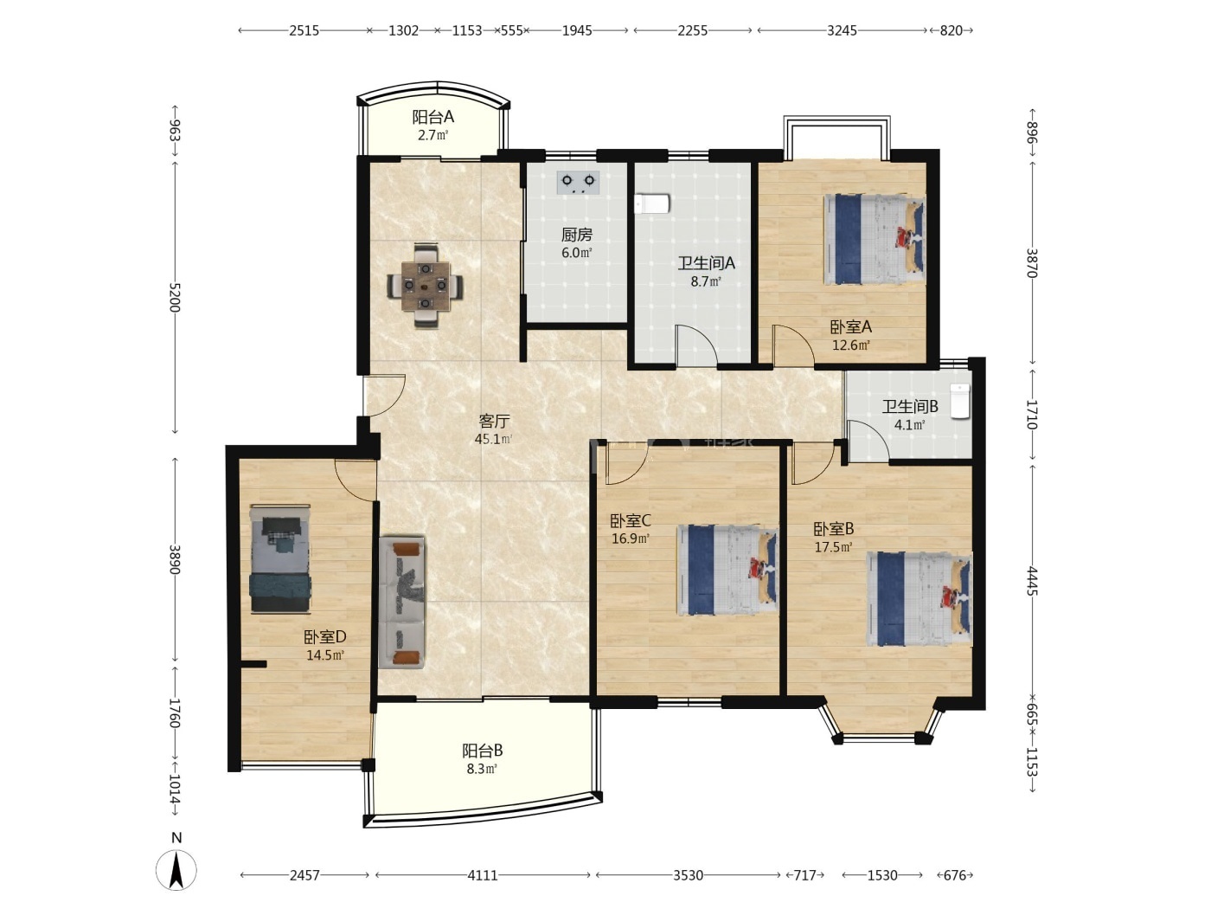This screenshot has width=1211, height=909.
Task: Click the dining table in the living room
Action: point(425,286)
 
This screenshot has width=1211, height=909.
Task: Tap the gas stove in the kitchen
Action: point(578,183)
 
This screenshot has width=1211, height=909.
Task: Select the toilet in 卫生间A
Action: point(651,203)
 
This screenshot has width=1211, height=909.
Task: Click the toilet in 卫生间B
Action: point(960,402)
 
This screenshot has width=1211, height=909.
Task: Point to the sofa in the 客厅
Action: point(402,602)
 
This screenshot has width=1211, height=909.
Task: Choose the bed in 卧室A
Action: point(875,239)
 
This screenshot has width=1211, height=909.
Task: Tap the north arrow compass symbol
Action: point(176,868)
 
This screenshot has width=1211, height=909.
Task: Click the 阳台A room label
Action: point(433,117)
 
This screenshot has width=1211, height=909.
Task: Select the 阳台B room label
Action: point(482,751)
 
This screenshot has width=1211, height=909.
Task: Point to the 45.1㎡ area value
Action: point(493,439)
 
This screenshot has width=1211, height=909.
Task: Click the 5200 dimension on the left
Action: point(175,298)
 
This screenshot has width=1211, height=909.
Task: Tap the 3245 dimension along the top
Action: point(842,30)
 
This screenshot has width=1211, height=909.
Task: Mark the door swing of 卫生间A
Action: point(697,345)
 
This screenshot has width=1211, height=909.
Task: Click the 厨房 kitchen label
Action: point(577,235)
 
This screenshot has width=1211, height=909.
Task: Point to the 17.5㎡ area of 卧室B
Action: point(834,547)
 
